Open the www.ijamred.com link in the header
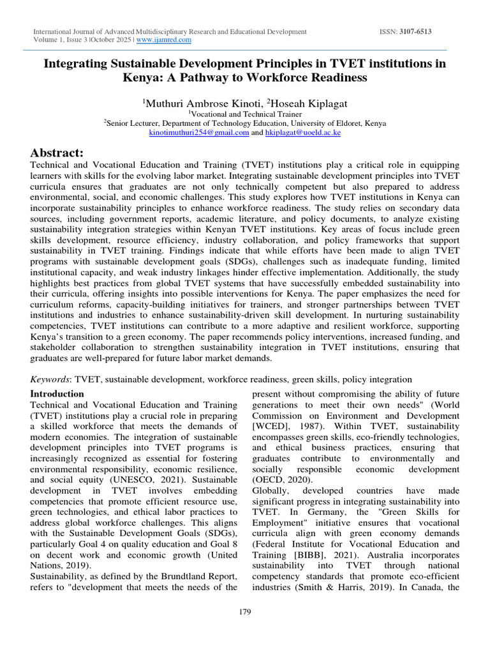pyautogui.click(x=164, y=40)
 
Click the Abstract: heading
pyautogui.click(x=57, y=152)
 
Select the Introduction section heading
pyautogui.click(x=57, y=393)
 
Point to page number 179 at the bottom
pyautogui.click(x=245, y=611)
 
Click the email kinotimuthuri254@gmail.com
pyautogui.click(x=198, y=132)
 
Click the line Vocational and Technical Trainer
pyautogui.click(x=245, y=113)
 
